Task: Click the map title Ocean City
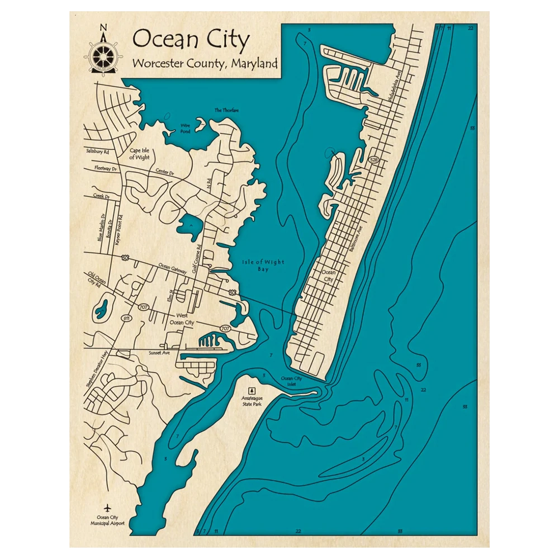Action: point(191,40)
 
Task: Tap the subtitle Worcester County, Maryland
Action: point(205,63)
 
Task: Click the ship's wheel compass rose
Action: point(102,53)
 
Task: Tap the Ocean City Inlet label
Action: point(291,382)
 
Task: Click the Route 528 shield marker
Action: point(373,160)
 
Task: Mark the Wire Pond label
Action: point(185,129)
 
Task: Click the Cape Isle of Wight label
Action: point(139,154)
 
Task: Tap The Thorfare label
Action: point(226,110)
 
